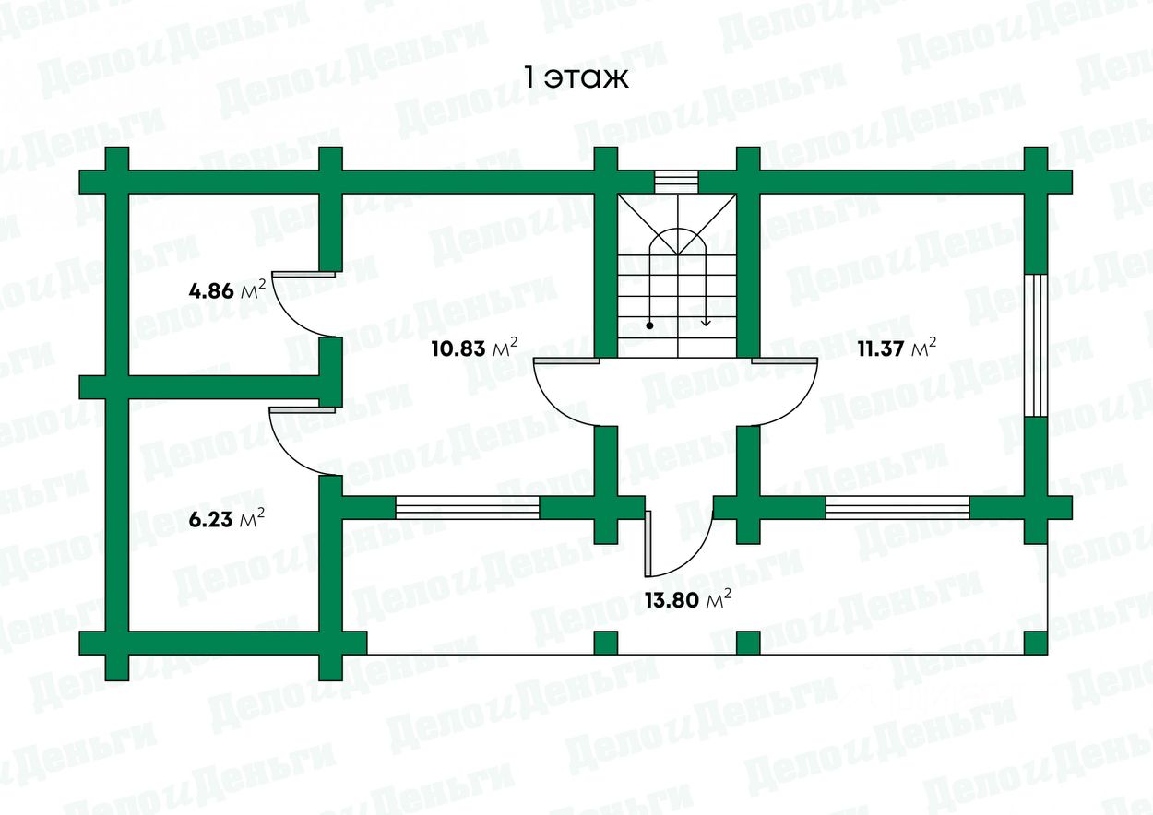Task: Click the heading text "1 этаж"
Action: click(576, 78)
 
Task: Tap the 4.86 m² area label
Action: click(227, 291)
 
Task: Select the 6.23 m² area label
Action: click(227, 520)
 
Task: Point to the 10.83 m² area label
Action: click(474, 348)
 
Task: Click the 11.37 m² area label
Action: click(897, 348)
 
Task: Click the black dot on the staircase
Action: click(650, 325)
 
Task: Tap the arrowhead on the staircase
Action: click(706, 322)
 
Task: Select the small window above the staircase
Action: click(676, 183)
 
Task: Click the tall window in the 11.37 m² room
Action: click(1036, 345)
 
